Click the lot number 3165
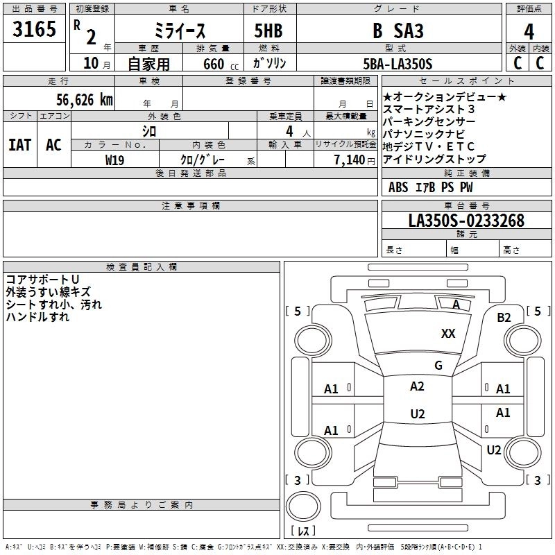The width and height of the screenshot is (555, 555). click(34, 28)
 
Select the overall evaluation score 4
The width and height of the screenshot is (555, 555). click(529, 31)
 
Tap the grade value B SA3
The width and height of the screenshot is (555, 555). click(398, 31)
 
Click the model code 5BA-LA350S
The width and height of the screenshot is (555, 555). click(398, 64)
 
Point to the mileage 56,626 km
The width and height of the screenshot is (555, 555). click(85, 100)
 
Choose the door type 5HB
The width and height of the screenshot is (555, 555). click(268, 31)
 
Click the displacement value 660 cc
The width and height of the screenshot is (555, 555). click(221, 65)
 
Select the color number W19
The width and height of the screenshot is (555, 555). click(114, 160)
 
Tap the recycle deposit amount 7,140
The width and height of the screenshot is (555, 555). click(350, 160)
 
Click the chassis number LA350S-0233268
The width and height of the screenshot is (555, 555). click(466, 221)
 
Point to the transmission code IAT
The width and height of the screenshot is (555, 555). click(20, 145)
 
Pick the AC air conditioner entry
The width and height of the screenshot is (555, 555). click(53, 145)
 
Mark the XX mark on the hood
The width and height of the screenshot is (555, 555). click(448, 333)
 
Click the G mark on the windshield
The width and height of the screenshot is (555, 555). click(438, 365)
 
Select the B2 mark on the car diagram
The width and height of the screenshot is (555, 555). click(504, 318)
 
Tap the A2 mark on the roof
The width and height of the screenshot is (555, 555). click(417, 386)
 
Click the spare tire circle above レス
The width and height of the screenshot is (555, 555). click(303, 506)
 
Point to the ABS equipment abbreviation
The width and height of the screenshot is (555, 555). click(398, 187)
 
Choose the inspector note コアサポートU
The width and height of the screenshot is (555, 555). click(42, 280)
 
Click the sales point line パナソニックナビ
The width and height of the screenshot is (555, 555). click(424, 134)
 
